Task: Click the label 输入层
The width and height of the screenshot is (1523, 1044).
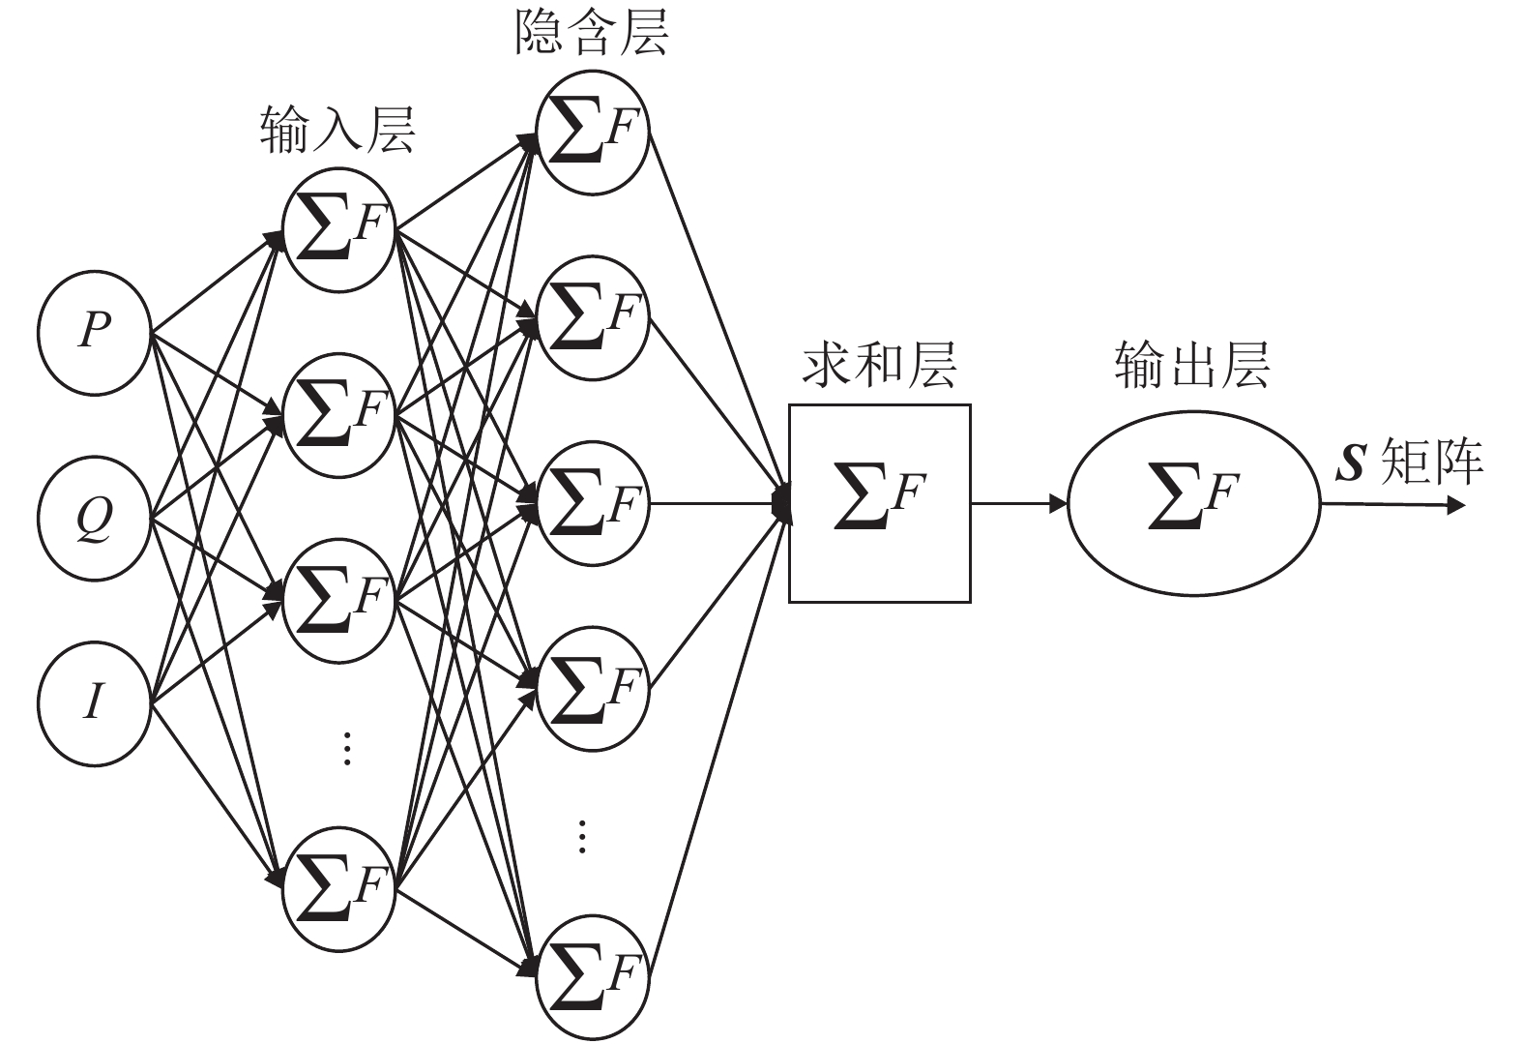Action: [x=337, y=131]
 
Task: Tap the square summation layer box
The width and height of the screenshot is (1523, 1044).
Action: [x=879, y=503]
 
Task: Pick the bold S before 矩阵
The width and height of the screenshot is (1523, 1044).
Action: [x=1349, y=462]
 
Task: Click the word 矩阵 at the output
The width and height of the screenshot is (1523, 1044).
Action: [x=1432, y=462]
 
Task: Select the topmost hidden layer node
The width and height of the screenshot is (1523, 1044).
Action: [x=593, y=134]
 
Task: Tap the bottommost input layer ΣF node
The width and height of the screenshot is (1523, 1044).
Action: [x=338, y=888]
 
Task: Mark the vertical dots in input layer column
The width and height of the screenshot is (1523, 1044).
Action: [x=346, y=748]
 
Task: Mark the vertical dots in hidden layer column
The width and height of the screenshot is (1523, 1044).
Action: [x=582, y=835]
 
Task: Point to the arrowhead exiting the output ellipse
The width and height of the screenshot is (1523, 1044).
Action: [x=1456, y=504]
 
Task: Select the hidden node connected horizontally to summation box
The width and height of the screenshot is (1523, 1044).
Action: [x=593, y=503]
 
